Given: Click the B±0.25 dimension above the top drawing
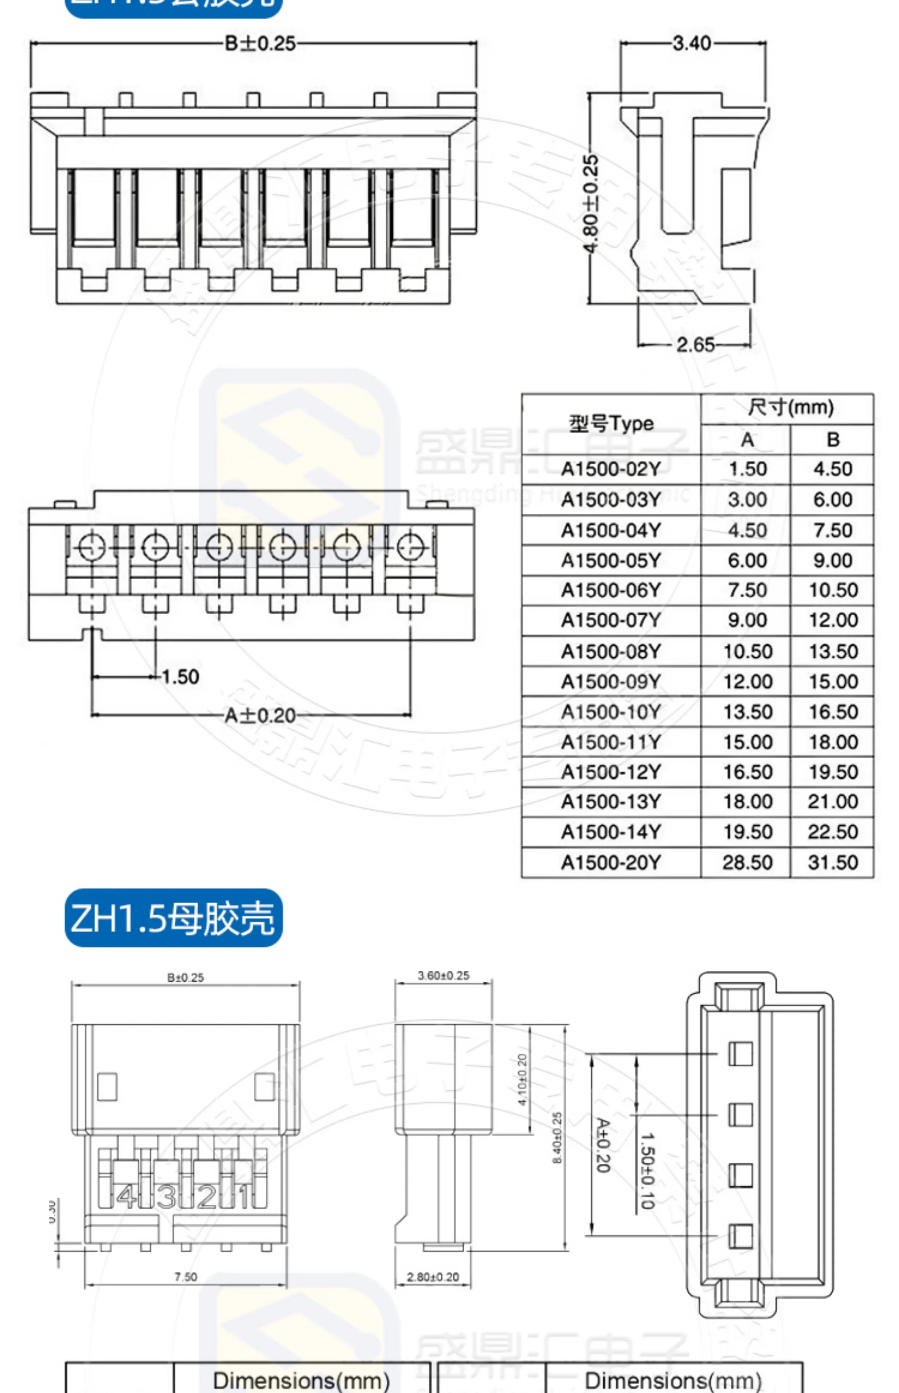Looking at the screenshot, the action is click(260, 44).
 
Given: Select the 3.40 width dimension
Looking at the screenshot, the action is click(692, 43).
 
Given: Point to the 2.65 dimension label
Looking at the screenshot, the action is click(695, 345).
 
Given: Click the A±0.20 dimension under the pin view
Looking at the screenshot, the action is click(260, 715).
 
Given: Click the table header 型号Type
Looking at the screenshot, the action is click(611, 423).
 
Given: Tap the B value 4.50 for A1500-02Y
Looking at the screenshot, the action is click(833, 469).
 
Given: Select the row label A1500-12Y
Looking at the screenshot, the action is click(611, 772).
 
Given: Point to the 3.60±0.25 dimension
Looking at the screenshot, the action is click(444, 976).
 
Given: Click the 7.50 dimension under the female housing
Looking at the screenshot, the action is click(186, 1277).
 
